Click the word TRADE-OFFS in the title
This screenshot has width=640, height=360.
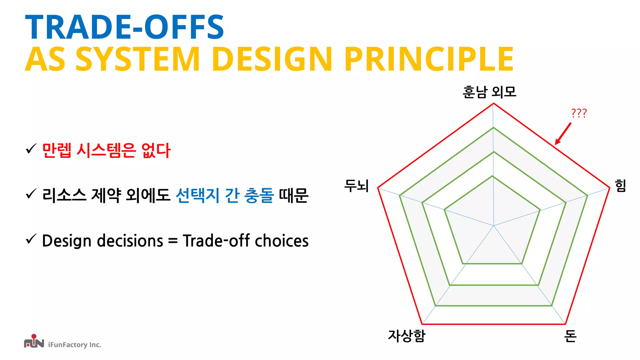click(124, 27)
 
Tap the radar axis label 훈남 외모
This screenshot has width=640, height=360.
click(489, 92)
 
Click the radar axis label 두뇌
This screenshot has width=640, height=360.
click(357, 186)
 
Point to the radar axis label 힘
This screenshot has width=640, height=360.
click(620, 186)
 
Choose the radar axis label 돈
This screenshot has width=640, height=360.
click(570, 336)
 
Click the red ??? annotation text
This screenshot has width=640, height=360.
click(579, 113)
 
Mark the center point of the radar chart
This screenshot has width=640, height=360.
click(494, 225)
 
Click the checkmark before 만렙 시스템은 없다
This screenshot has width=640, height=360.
click(31, 149)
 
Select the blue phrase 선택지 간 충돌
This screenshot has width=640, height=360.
click(224, 196)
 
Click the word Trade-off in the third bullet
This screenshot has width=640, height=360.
click(216, 241)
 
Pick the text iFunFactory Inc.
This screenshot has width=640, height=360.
click(74, 345)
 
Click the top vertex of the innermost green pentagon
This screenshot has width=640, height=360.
click(492, 176)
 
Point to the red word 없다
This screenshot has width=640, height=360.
click(156, 150)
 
